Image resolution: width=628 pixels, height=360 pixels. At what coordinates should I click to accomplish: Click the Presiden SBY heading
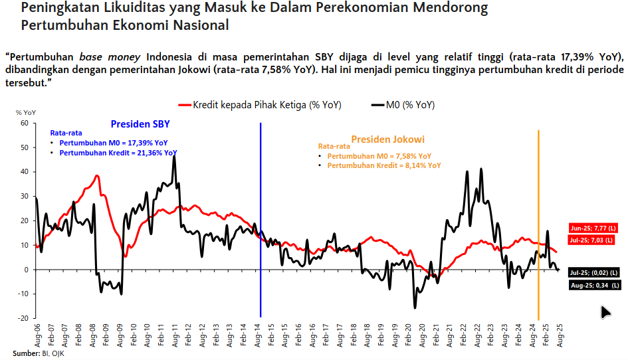click(140, 124)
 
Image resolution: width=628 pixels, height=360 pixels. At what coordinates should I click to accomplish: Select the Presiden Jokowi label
click(387, 139)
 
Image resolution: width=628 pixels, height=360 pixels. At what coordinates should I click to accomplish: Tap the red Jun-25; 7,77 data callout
click(593, 227)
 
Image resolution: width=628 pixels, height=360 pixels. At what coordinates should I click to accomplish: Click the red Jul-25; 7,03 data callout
click(593, 239)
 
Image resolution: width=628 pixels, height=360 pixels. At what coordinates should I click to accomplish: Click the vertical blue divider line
click(261, 219)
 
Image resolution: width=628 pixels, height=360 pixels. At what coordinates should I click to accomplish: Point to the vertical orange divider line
click(538, 219)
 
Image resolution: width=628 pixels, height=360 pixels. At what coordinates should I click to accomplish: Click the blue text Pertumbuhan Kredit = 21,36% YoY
click(118, 153)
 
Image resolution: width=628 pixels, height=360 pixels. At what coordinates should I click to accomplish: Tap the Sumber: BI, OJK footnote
click(38, 353)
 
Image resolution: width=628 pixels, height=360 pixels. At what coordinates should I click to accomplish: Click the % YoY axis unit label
click(25, 113)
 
